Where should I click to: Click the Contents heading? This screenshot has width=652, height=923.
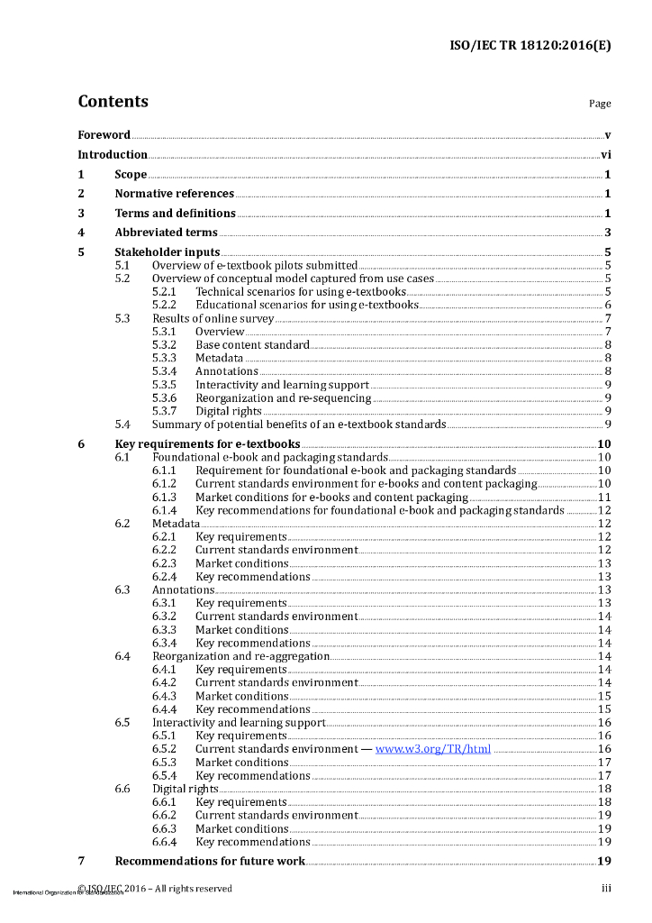tap(113, 102)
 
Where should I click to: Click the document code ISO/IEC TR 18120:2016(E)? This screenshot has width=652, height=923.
tap(530, 45)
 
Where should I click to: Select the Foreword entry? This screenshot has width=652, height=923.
tap(104, 135)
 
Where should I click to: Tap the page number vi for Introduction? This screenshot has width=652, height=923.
tap(606, 155)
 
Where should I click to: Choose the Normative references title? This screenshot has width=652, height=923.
tap(174, 194)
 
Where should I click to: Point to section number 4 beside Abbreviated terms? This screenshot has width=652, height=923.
tap(81, 233)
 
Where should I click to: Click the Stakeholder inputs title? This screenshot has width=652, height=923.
tap(167, 252)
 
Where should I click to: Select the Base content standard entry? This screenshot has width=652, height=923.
tap(252, 345)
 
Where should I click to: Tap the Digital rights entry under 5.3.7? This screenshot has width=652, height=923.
tap(229, 412)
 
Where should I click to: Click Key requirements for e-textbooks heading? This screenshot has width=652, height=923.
tap(207, 444)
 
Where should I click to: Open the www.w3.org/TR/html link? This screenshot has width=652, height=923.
tap(433, 749)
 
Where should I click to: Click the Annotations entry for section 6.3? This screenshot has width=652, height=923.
tap(183, 590)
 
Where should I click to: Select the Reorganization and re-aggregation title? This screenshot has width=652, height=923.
tap(241, 656)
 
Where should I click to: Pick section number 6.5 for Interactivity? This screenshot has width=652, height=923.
tap(122, 723)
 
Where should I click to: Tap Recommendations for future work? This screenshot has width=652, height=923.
tap(210, 862)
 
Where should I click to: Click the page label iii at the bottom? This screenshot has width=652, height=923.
tap(607, 889)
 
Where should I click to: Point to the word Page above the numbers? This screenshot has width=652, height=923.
tap(600, 104)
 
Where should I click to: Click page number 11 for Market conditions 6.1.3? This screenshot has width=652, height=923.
tap(605, 498)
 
